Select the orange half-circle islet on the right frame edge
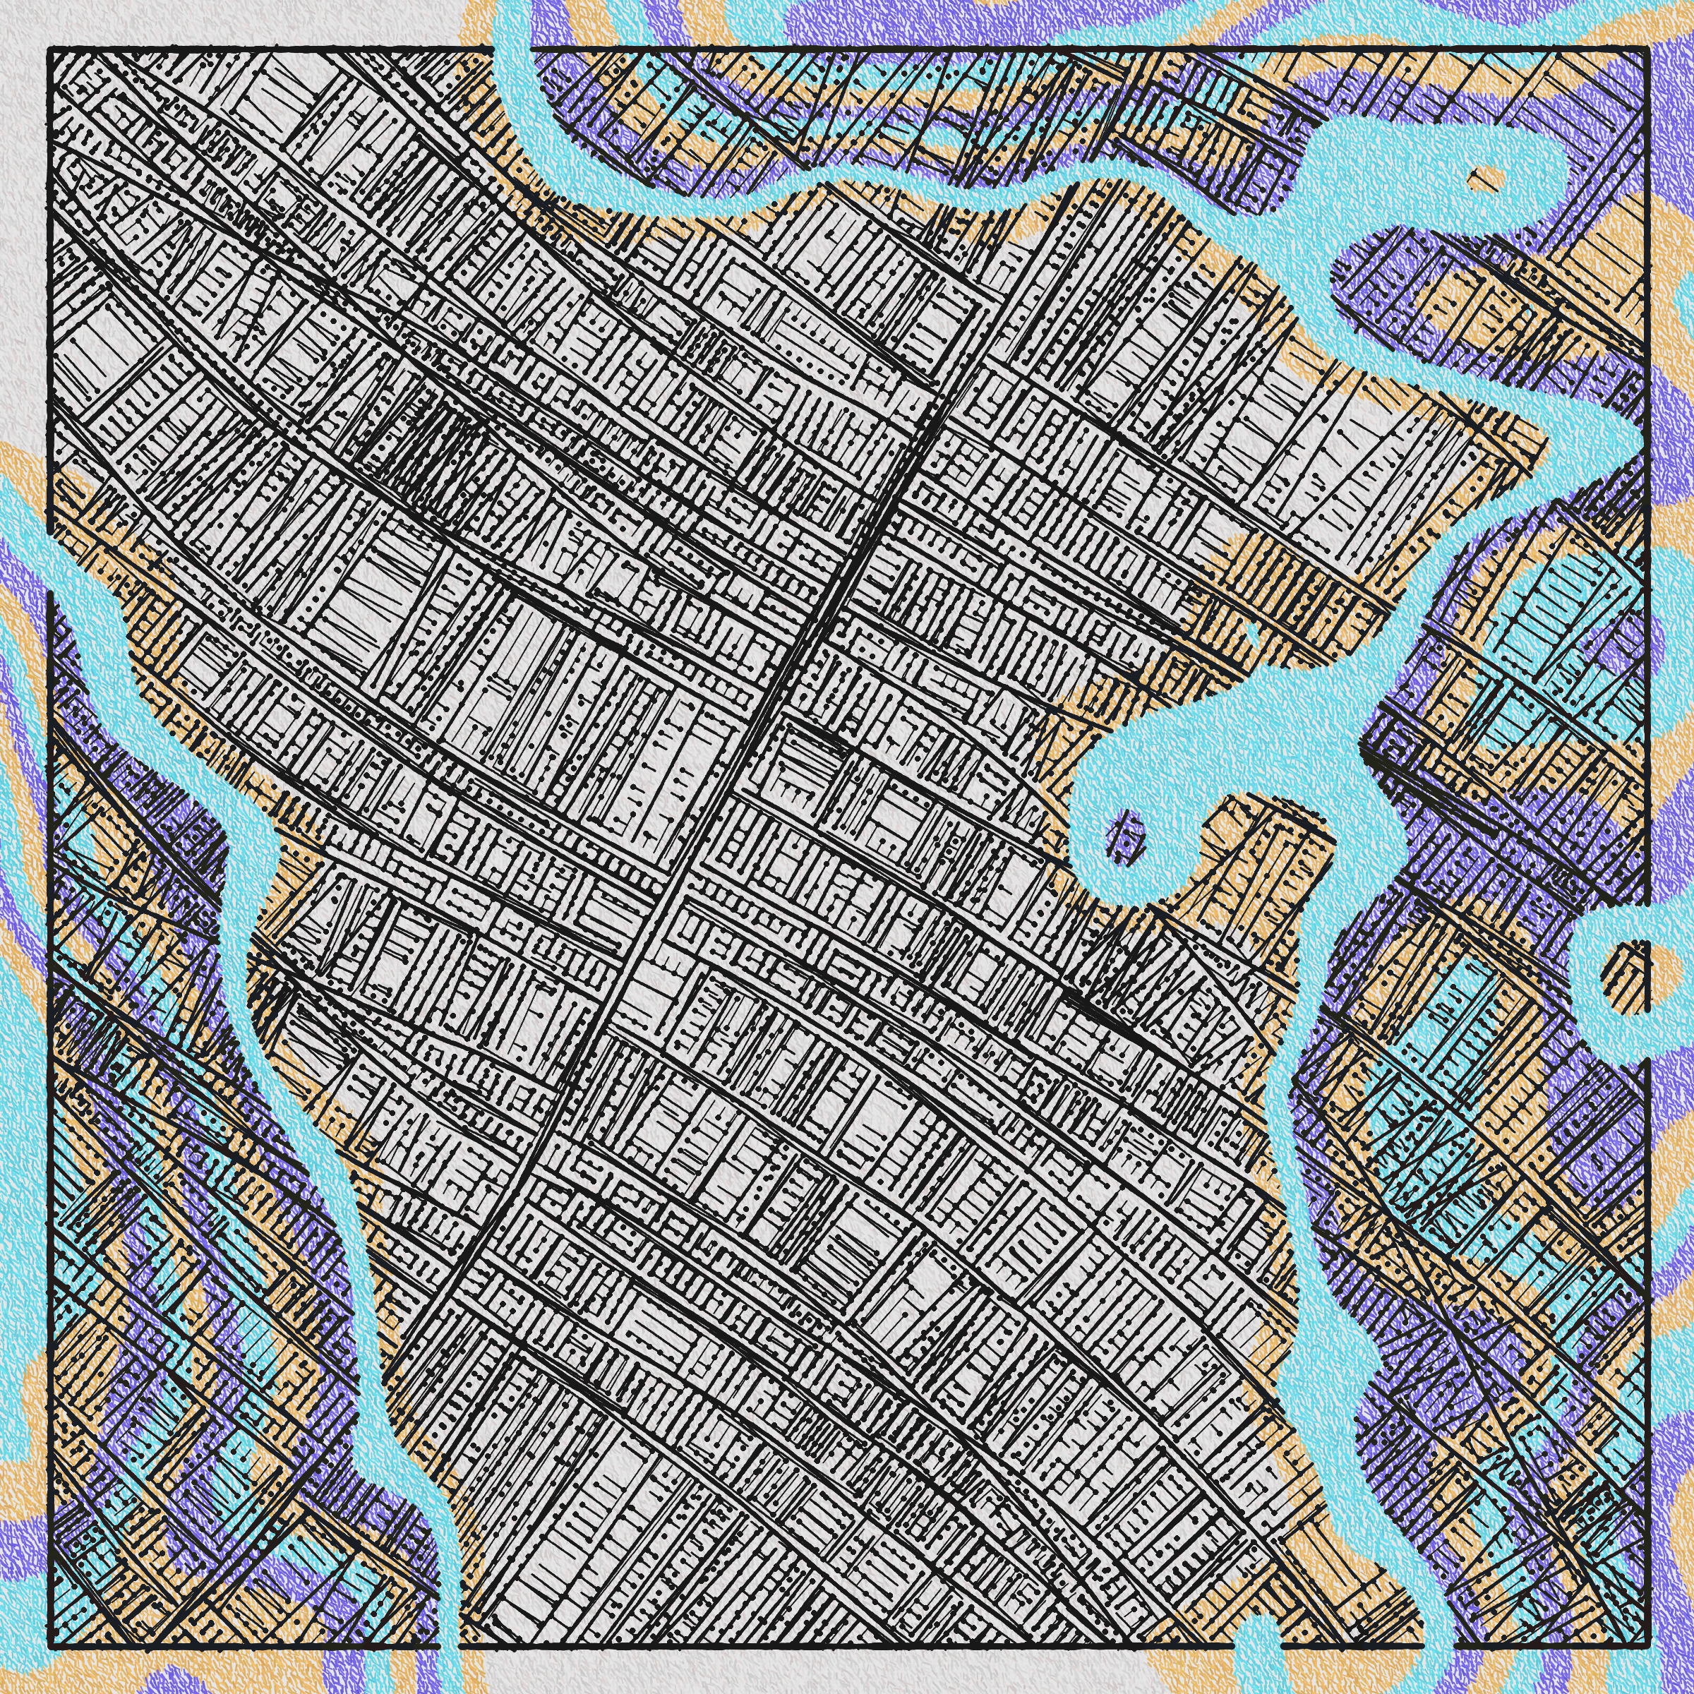pos(1631,970)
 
